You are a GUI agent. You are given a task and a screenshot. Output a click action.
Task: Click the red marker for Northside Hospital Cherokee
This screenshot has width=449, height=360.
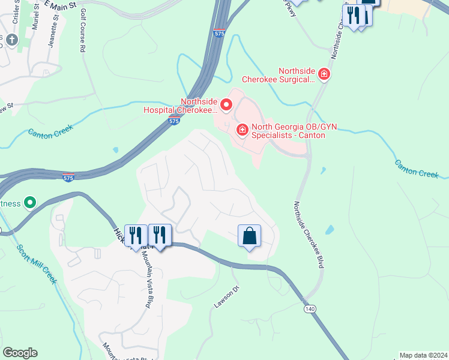coord(226,106)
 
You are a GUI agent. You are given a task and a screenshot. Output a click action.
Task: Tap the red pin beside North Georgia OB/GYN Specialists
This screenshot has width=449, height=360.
coord(243,130)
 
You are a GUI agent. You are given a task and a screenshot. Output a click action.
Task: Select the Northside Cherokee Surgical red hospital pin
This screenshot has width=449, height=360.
coord(324,74)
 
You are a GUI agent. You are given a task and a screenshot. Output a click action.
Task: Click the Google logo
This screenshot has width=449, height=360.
coord(20,352)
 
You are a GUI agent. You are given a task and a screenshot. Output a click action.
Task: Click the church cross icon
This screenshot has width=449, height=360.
coord(11,40)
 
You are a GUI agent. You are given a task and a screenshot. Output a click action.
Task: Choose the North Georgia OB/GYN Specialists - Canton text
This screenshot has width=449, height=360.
coord(288,131)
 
